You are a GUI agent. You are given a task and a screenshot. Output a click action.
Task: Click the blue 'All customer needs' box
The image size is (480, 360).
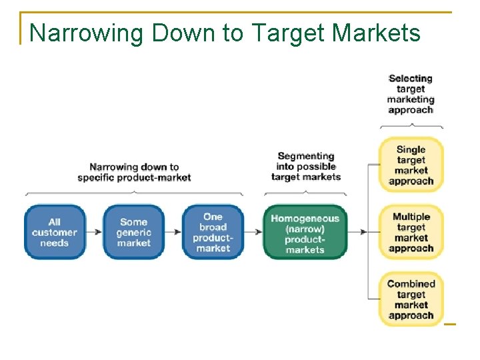pyautogui.click(x=55, y=232)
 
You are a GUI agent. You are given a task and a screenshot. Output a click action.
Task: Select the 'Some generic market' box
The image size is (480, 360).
pyautogui.click(x=133, y=232)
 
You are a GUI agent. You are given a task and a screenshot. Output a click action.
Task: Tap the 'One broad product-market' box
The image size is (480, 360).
pyautogui.click(x=213, y=232)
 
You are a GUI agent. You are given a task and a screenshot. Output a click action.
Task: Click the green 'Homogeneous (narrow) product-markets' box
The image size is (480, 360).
pyautogui.click(x=305, y=233)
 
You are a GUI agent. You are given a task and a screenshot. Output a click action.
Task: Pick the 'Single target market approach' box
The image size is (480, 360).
pyautogui.click(x=411, y=165)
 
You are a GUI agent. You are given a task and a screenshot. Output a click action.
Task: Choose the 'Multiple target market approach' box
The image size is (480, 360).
pyautogui.click(x=411, y=232)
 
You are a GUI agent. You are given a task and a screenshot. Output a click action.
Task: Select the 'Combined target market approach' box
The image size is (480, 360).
pyautogui.click(x=411, y=299)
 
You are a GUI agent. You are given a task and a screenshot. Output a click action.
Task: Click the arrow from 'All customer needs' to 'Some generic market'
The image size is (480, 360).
pyautogui.click(x=94, y=232)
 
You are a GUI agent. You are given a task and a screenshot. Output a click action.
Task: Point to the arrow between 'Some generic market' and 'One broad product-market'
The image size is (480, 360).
pyautogui.click(x=173, y=232)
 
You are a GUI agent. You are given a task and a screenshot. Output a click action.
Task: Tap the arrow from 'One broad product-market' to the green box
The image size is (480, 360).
pyautogui.click(x=253, y=232)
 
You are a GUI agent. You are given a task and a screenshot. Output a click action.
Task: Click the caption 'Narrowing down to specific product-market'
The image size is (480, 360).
pyautogui.click(x=134, y=172)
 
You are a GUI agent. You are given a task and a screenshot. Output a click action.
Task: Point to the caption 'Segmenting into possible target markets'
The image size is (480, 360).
pyautogui.click(x=306, y=167)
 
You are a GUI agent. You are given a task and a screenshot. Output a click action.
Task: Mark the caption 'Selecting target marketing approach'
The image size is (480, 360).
pyautogui.click(x=411, y=94)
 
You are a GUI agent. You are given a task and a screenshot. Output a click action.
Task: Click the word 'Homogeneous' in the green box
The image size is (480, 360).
pyautogui.click(x=305, y=218)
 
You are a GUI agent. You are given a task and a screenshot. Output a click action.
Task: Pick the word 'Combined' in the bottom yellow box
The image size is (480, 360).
pyautogui.click(x=411, y=283)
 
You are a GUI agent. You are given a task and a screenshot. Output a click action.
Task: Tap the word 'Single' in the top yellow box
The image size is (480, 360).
pyautogui.click(x=411, y=149)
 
